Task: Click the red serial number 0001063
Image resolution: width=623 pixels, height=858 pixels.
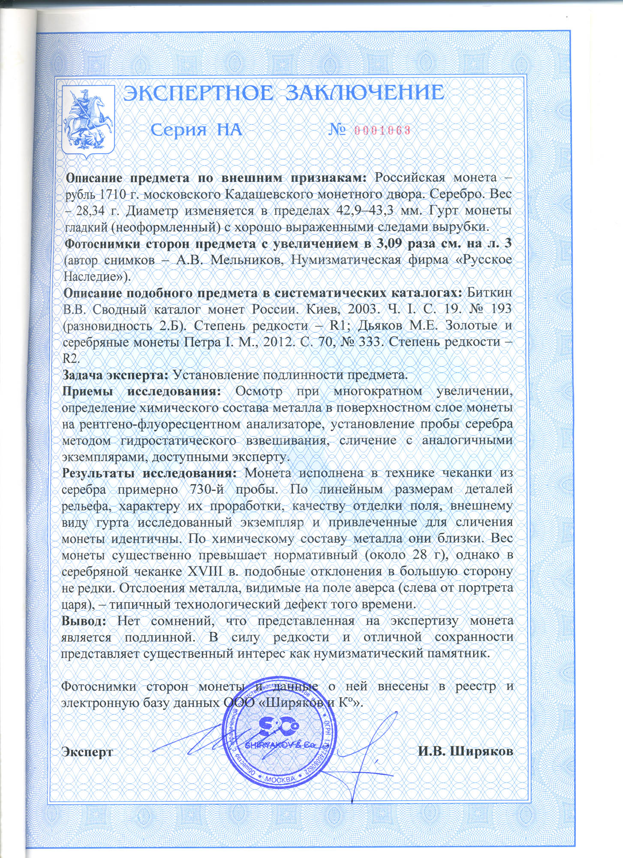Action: click(x=382, y=130)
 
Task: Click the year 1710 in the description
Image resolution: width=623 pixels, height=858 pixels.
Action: click(x=113, y=194)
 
